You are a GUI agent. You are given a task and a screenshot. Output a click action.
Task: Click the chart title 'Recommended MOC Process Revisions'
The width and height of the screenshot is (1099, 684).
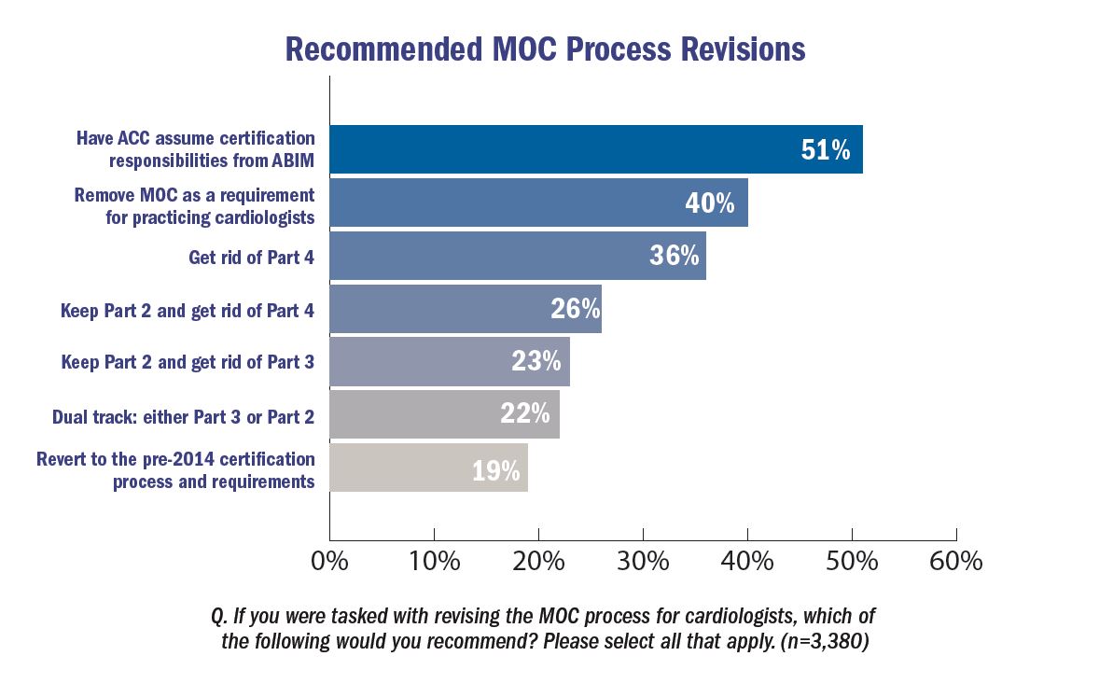click(545, 49)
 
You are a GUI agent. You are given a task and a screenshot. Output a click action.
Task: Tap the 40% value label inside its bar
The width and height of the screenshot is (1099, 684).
click(710, 202)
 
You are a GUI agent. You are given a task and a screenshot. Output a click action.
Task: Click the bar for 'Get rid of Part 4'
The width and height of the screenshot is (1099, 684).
click(517, 256)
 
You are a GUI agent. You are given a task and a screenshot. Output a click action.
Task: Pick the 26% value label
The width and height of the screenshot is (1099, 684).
click(575, 309)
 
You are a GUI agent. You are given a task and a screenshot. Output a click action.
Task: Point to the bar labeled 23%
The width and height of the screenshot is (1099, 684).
click(449, 361)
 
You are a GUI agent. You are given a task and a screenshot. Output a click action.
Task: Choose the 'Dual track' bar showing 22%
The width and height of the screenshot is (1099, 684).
click(444, 414)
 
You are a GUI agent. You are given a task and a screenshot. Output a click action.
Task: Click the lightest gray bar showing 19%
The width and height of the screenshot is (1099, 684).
click(428, 468)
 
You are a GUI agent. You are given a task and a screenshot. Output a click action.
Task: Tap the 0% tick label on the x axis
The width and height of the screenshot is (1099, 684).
click(329, 562)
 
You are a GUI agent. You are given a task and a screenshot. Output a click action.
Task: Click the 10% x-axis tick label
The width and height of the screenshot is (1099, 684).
click(434, 562)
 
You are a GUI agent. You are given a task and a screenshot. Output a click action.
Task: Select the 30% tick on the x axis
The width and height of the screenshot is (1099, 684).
click(643, 562)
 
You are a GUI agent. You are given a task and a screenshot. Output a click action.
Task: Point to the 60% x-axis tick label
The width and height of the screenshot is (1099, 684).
click(956, 562)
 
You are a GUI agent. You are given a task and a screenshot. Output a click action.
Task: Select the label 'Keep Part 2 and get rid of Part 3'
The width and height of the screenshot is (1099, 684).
click(188, 362)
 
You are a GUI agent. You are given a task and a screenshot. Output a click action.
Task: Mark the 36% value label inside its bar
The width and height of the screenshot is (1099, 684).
click(674, 256)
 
